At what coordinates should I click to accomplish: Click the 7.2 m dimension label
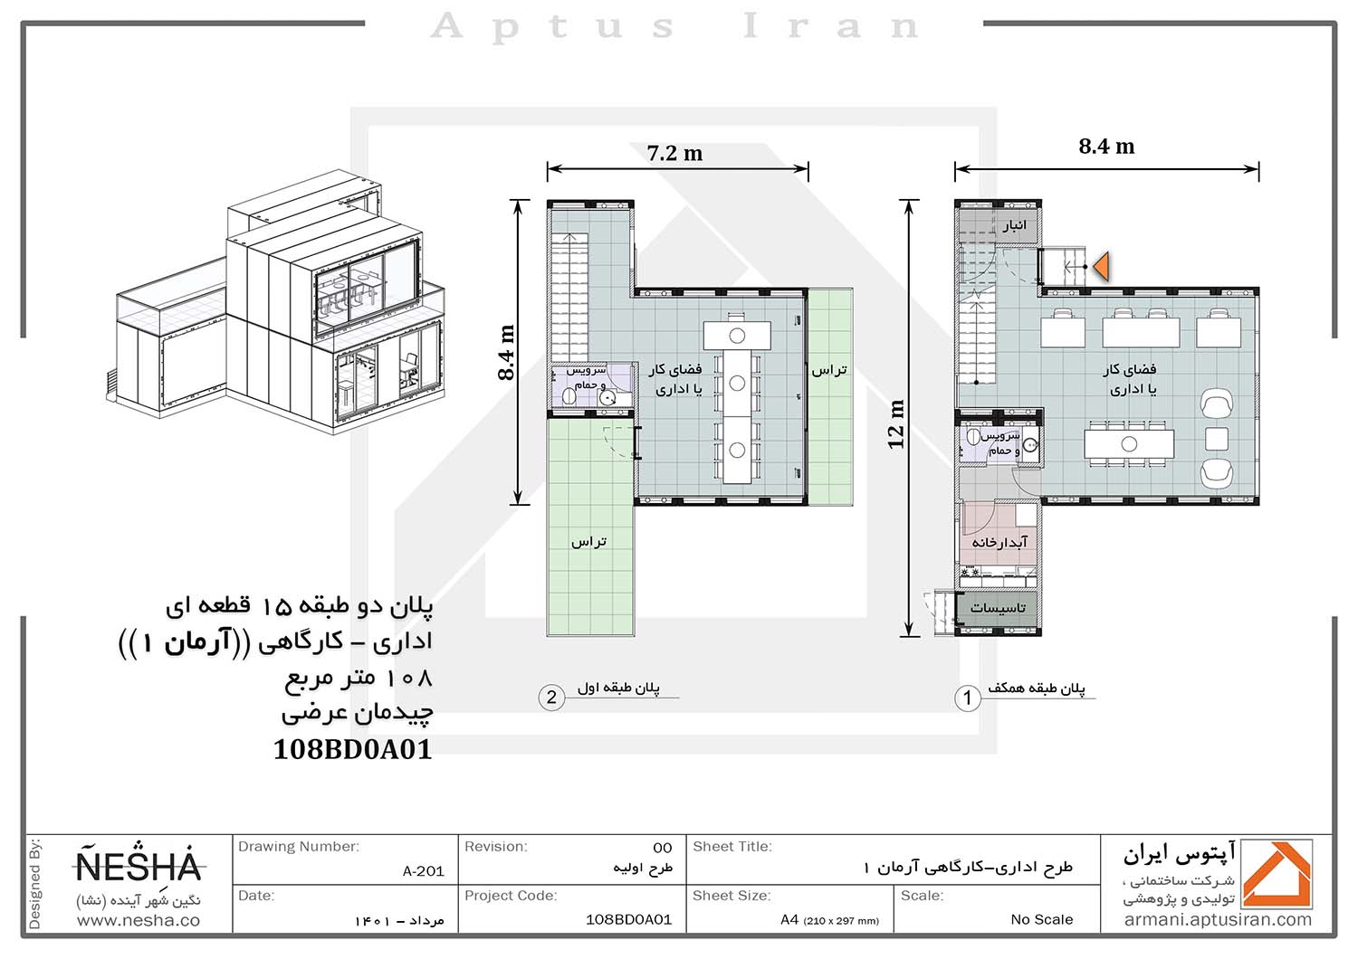(x=674, y=153)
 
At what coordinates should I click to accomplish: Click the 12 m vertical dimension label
(x=896, y=424)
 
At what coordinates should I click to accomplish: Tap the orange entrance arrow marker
(x=1101, y=267)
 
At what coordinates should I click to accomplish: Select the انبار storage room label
(x=1014, y=226)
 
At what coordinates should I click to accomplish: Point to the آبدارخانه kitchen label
(x=999, y=542)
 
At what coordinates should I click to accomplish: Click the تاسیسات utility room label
(x=998, y=608)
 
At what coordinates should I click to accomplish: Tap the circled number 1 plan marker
(x=968, y=698)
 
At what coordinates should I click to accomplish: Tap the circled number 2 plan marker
(x=551, y=698)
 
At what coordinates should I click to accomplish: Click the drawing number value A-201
(x=423, y=871)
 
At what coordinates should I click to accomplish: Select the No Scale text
(x=1041, y=919)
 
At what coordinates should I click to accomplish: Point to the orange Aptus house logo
(x=1277, y=874)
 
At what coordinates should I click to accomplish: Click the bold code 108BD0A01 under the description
(x=353, y=749)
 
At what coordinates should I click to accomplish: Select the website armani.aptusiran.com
(x=1218, y=920)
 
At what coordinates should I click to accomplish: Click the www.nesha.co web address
(x=139, y=920)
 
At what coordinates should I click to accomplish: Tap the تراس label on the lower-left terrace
(x=588, y=542)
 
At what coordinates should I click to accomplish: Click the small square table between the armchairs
(x=1216, y=439)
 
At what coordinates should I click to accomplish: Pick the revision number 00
(x=663, y=848)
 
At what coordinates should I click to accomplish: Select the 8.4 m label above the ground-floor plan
(x=1106, y=146)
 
